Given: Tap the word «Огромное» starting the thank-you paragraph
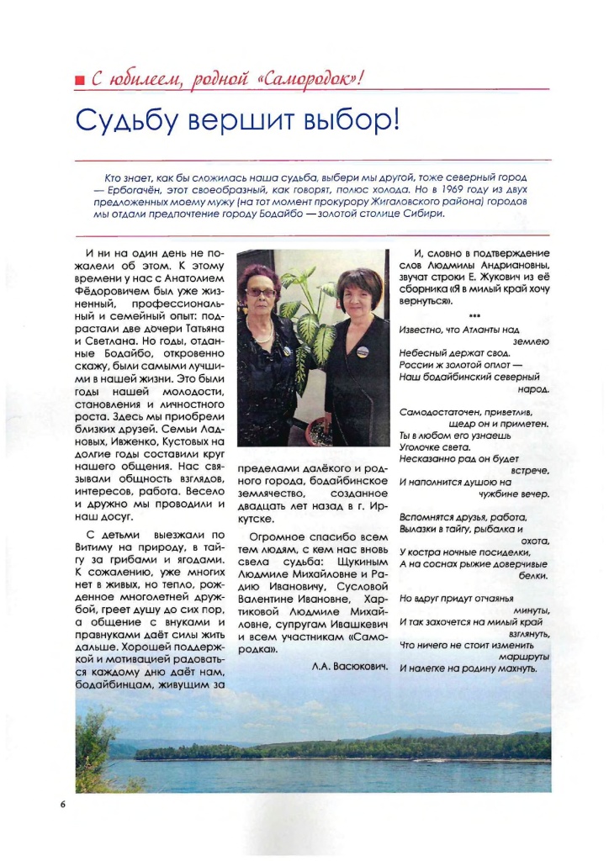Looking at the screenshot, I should tap(275, 536).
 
